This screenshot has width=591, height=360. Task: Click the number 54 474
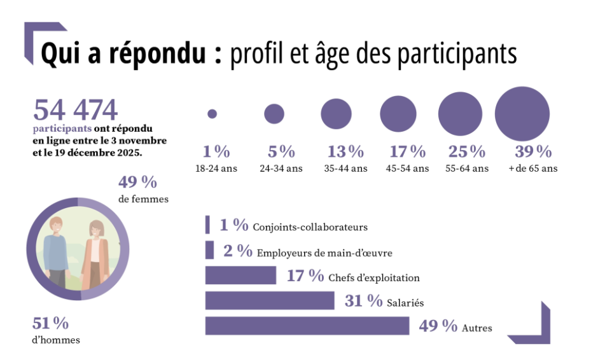tap(75, 110)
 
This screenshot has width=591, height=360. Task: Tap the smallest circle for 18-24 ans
tap(212, 114)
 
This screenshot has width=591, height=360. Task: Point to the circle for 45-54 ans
tap(398, 114)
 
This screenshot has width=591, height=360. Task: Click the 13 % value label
tap(345, 152)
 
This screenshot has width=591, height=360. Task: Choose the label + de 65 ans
tap(533, 169)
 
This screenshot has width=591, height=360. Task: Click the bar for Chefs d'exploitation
tap(240, 275)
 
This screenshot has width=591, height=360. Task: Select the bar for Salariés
tap(270, 300)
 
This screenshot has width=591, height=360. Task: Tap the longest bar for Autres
tap(307, 325)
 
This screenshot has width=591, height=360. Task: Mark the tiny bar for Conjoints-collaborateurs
tap(207, 225)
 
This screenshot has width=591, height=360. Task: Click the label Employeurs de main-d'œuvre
tap(324, 253)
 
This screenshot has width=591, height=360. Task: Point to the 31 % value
tap(363, 301)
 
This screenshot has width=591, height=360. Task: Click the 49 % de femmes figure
tap(137, 183)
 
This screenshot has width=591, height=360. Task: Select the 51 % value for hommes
tap(50, 323)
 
